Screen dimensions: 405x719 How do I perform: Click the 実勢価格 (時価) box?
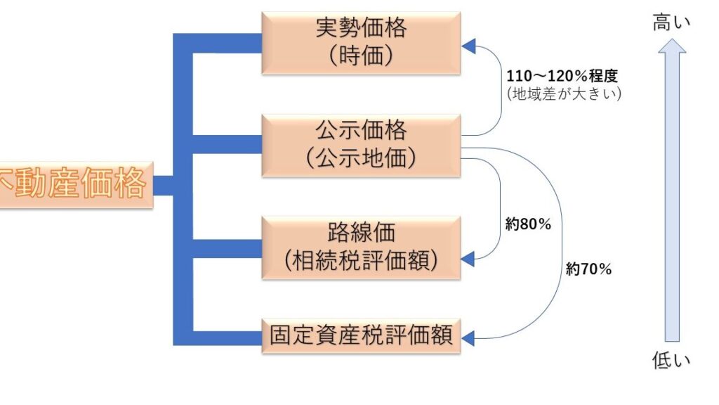pos(361,42)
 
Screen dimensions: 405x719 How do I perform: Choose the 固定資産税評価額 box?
pos(361,335)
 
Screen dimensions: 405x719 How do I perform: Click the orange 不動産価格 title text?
pos(73,184)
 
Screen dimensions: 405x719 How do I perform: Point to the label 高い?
pos(671,22)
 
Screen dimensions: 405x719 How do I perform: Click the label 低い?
pos(671,361)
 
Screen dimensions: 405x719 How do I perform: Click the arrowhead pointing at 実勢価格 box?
pos(469,46)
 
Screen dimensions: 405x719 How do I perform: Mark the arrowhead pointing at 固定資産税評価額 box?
pos(469,340)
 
